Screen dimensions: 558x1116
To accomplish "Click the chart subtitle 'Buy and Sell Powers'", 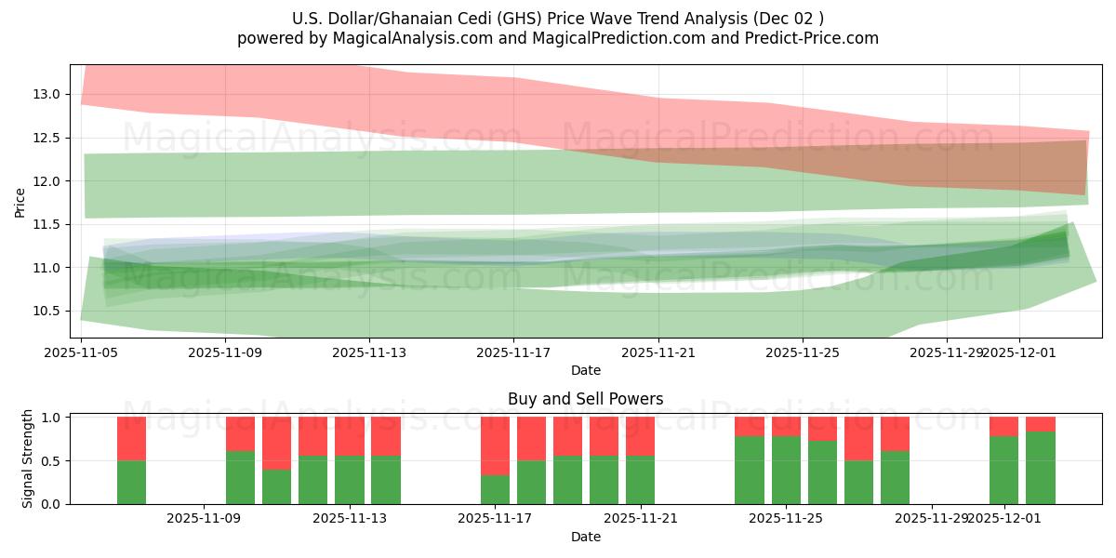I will coord(585,399).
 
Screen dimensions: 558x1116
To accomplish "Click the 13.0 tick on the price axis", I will coord(47,94).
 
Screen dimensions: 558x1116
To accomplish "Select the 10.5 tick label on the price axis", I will coord(47,312).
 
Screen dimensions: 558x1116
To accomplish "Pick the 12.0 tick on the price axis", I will coord(47,181).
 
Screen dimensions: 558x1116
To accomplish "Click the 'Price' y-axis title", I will coord(20,202).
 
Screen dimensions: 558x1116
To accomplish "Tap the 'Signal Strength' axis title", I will coord(28,458).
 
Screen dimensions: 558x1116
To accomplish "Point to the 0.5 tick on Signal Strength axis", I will coord(52,461).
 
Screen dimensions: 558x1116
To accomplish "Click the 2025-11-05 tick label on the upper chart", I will coord(81,352).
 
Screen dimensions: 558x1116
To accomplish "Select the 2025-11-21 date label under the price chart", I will coord(658,352).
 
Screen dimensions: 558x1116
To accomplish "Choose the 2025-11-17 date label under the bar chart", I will coord(495,519).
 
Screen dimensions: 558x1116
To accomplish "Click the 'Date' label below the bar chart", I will coord(585,537).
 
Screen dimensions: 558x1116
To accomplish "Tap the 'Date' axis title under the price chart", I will coord(585,370).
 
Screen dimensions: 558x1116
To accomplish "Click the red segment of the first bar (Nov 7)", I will coord(131,439).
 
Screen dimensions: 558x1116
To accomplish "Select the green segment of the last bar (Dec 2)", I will coord(1041,468).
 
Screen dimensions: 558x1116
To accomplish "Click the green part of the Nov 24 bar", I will coord(749,470).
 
